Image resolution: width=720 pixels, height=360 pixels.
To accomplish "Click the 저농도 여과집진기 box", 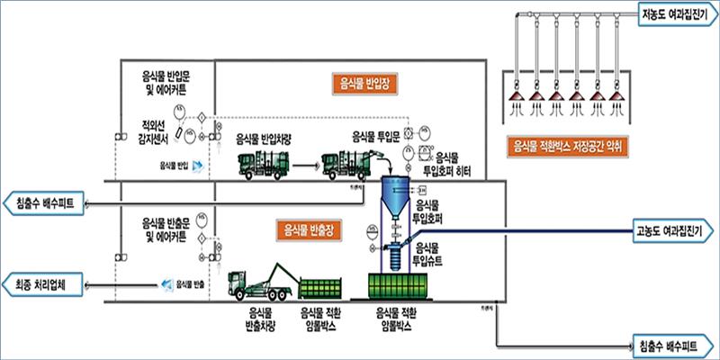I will click(678, 14).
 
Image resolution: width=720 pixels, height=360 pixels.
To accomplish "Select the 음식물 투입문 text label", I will click(374, 138).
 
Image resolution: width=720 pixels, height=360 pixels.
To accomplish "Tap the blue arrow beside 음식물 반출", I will click(165, 284).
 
